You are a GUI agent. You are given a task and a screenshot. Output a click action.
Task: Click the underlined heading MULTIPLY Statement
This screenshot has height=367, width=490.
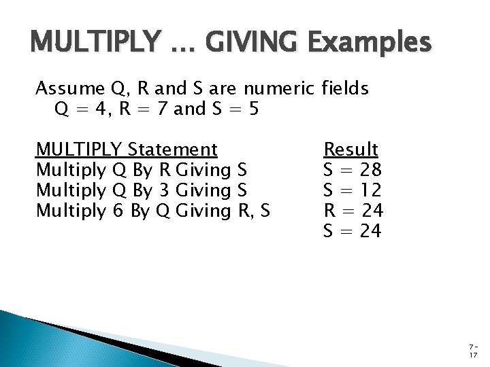127,149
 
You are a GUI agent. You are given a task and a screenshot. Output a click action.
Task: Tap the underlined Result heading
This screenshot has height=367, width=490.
351,149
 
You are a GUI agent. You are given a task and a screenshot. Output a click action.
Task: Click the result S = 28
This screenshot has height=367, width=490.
352,169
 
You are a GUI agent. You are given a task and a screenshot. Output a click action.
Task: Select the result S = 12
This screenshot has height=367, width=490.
352,190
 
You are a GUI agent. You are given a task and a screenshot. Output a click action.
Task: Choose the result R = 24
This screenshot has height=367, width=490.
352,211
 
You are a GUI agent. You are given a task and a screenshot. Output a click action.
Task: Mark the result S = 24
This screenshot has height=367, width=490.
352,232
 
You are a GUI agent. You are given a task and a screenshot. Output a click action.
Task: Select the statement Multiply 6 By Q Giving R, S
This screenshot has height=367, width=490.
152,211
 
